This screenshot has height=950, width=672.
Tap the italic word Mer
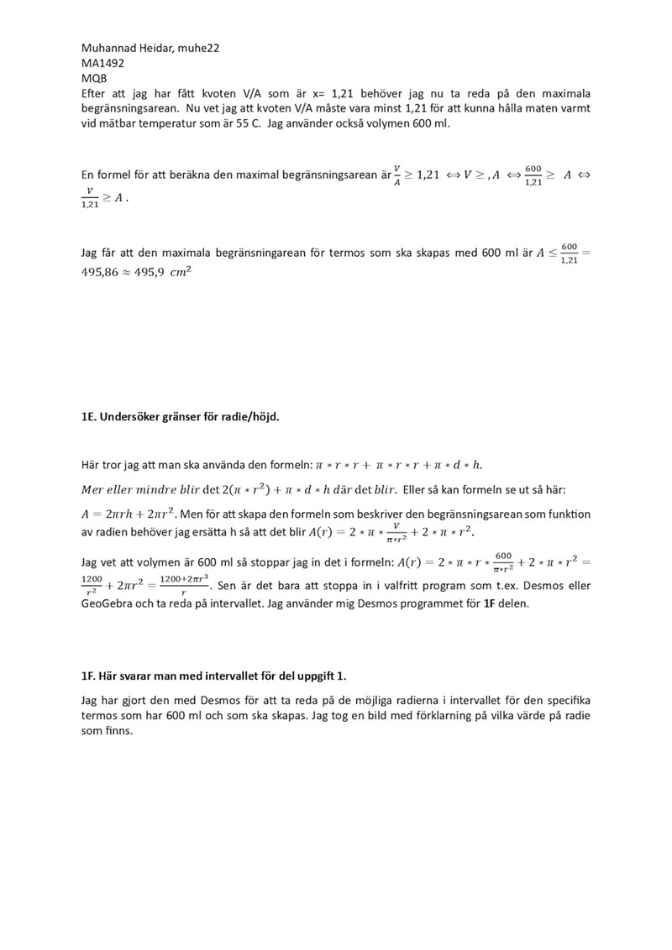point(95,489)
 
